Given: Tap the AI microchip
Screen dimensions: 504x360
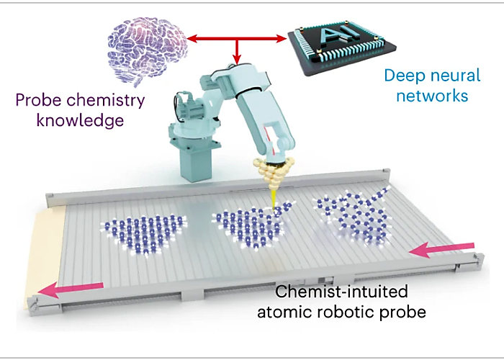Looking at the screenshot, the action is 342,48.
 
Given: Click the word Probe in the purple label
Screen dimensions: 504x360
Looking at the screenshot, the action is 38,101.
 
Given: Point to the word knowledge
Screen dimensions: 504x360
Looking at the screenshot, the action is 81,121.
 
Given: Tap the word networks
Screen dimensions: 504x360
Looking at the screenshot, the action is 432,96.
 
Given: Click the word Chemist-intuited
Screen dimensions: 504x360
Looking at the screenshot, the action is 341,292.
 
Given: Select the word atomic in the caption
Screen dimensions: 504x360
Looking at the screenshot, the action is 285,312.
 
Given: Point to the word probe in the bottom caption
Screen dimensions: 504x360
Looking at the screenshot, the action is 403,312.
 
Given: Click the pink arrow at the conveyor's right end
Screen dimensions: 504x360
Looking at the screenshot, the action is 441,250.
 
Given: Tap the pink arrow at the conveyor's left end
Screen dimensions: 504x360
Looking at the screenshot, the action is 71,289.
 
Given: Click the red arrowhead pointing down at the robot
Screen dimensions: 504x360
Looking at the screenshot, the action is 237,59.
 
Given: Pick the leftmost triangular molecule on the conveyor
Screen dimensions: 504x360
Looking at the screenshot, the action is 143,234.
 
